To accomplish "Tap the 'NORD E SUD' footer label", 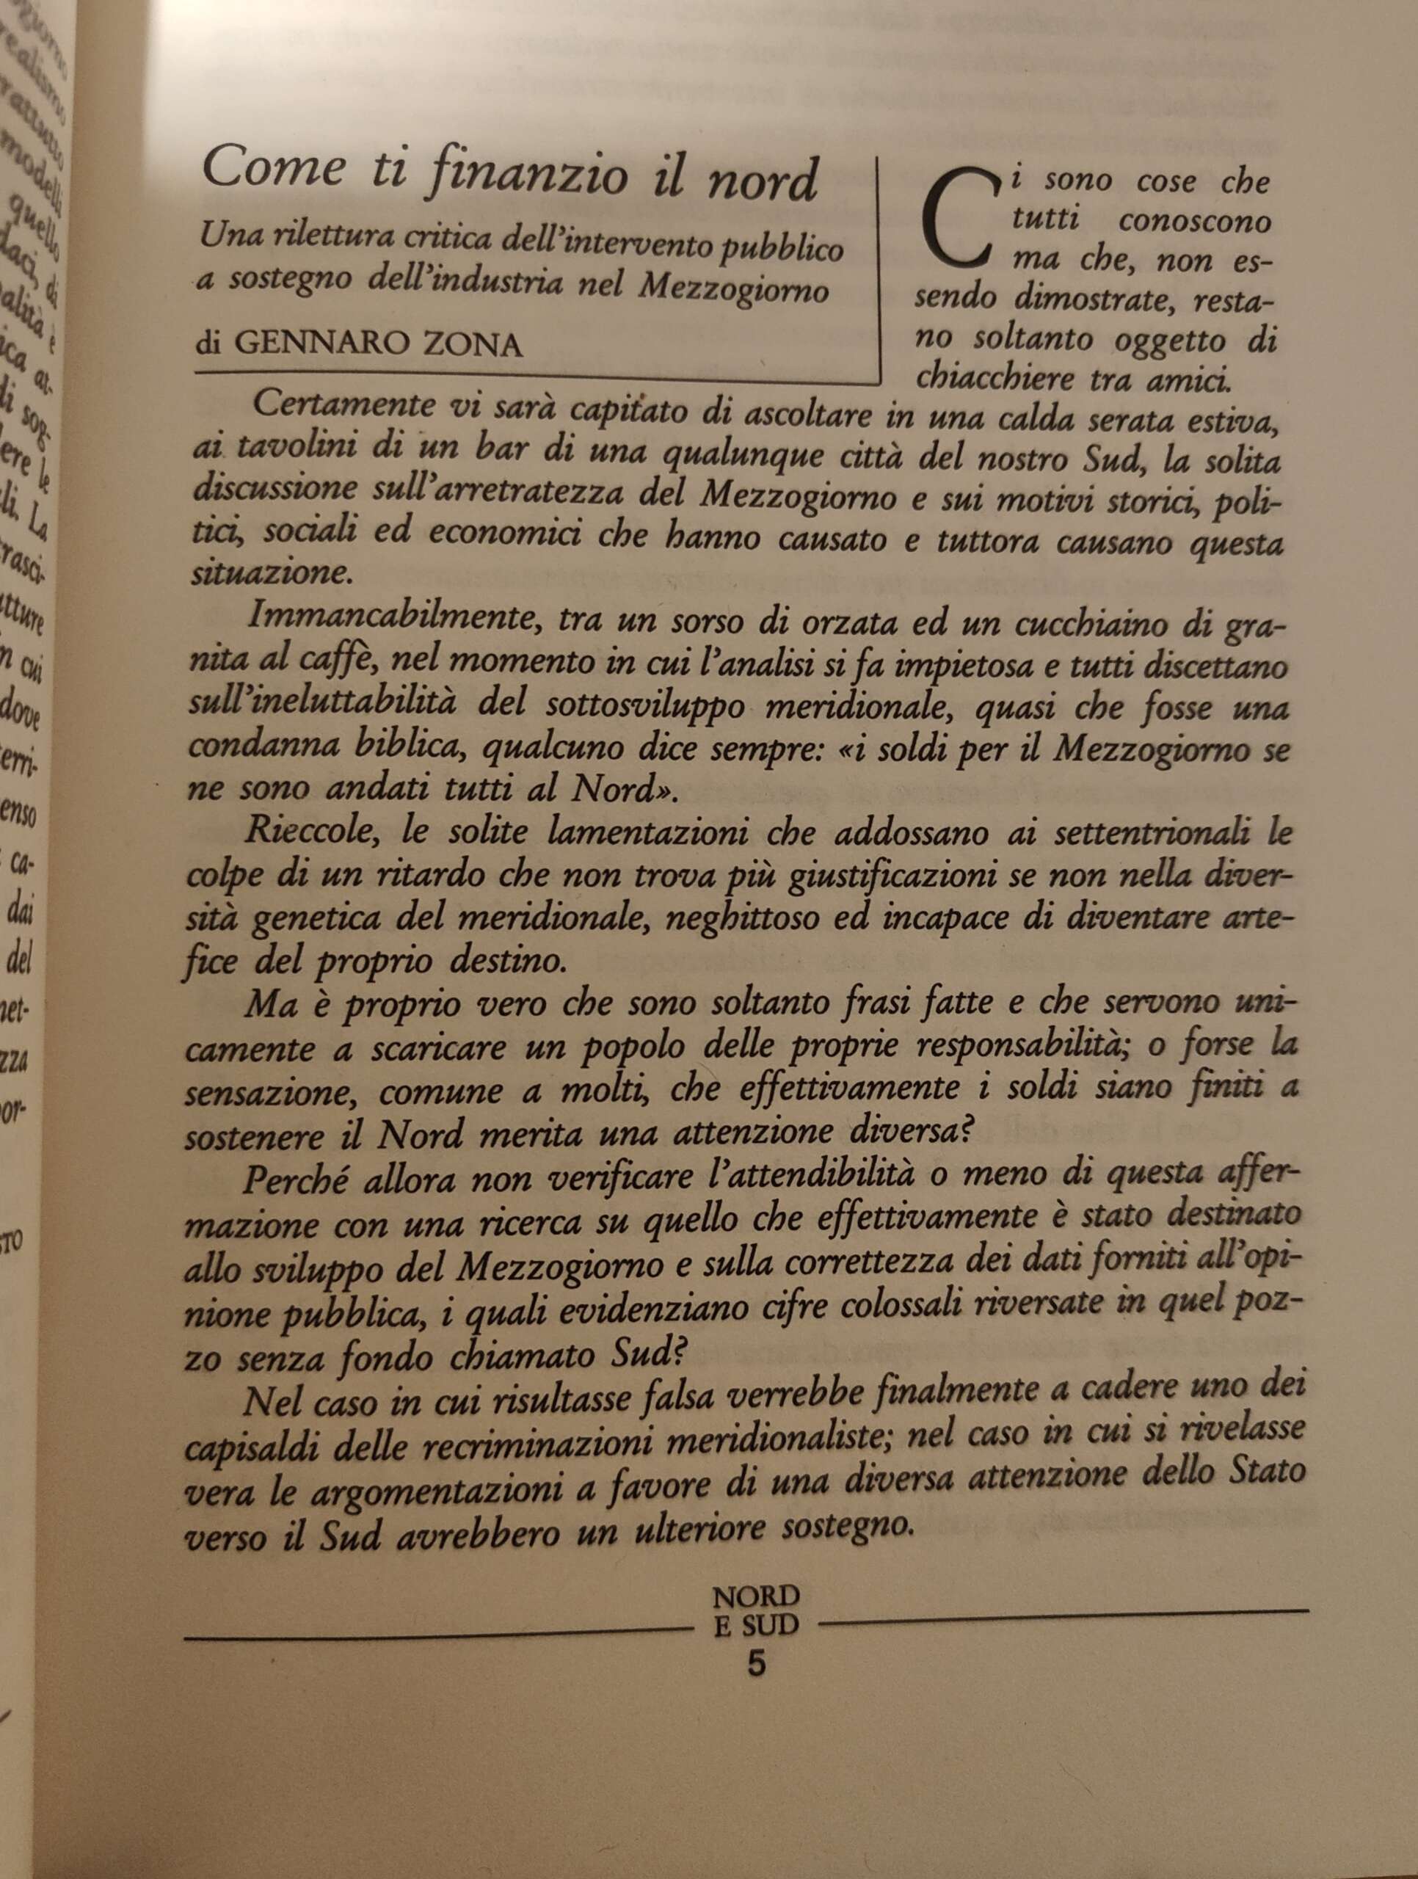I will click(x=756, y=1610).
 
